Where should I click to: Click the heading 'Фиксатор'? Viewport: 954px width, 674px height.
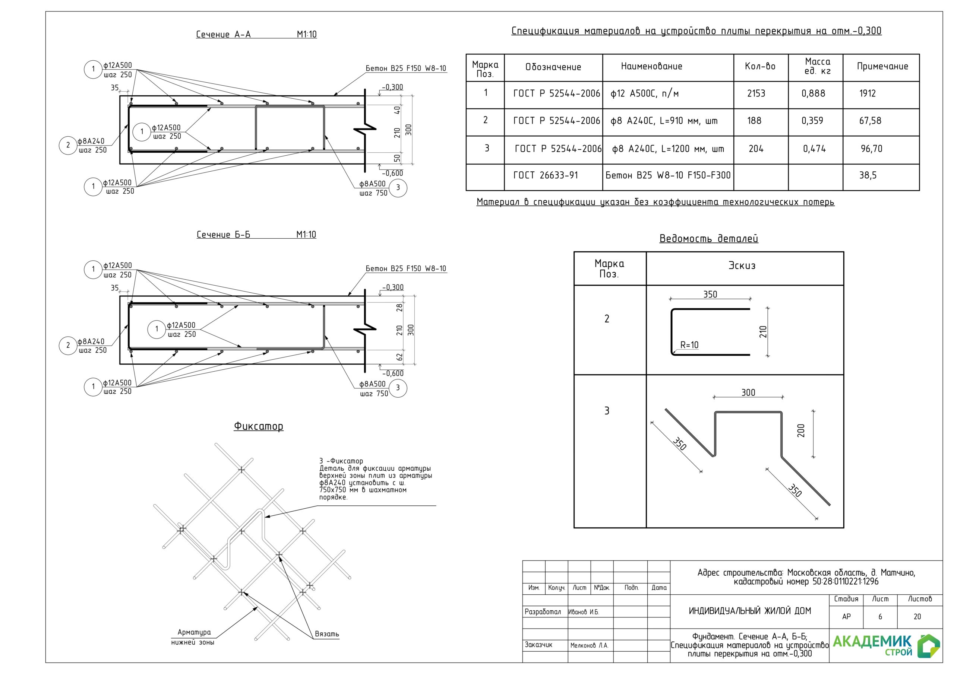tap(259, 426)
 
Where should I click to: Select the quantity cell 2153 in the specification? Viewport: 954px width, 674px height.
tap(756, 93)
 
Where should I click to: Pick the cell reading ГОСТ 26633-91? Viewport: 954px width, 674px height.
tap(546, 175)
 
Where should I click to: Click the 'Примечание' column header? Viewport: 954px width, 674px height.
tap(882, 66)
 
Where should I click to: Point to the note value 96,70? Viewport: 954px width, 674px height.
tap(871, 149)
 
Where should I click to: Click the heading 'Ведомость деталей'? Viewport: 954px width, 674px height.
tap(709, 238)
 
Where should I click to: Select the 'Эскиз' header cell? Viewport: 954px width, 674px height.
tap(742, 266)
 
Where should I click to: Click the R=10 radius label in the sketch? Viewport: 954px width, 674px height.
tap(689, 345)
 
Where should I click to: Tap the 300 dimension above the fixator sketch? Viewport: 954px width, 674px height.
tap(748, 392)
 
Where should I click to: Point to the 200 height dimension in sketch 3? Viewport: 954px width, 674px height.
tap(801, 430)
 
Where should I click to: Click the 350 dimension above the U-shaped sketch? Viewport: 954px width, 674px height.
tap(710, 295)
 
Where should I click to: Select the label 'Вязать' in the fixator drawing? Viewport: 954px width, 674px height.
tap(327, 634)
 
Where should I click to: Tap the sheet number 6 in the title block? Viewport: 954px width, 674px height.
tap(880, 617)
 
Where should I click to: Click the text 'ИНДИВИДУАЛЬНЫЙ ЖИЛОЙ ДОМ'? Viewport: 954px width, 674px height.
tap(750, 611)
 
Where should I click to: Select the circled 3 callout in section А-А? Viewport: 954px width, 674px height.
tap(398, 188)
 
